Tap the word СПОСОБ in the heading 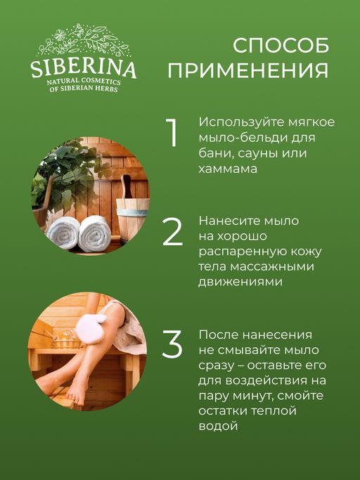coord(280,46)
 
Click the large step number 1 coord(171,134)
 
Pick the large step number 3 coord(172,344)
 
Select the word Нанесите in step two coord(228,221)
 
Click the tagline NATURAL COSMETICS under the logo coord(83,83)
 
